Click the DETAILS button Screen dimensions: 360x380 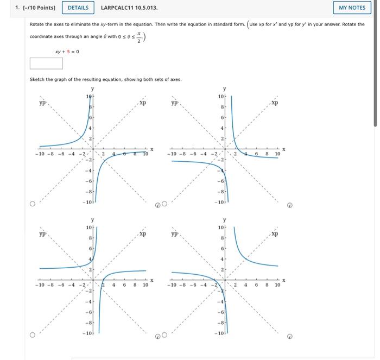(78, 8)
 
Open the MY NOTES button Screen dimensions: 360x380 (352, 8)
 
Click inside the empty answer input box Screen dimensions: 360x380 (46, 64)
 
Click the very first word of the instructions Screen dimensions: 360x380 (37, 24)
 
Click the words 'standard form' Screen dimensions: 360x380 (231, 24)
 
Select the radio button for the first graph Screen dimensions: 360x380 (33, 204)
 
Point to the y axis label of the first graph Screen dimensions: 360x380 (92, 89)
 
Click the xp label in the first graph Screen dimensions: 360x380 (142, 102)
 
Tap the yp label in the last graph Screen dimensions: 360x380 (174, 235)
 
